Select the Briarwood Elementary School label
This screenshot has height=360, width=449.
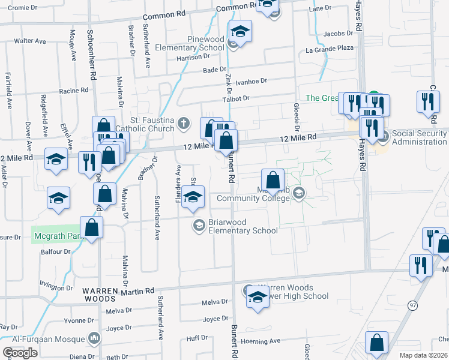click(243, 226)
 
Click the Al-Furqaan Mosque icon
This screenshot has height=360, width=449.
click(93, 339)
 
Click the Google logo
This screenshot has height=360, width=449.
click(20, 353)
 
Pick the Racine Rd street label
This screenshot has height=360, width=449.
click(74, 91)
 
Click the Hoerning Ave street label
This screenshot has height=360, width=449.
click(260, 341)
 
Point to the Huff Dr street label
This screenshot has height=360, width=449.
click(197, 338)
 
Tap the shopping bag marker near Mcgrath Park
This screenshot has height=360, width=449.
click(91, 227)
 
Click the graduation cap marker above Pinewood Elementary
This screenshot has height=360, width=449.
click(241, 31)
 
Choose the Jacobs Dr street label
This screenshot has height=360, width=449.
click(338, 34)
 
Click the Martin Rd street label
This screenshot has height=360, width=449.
click(134, 292)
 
